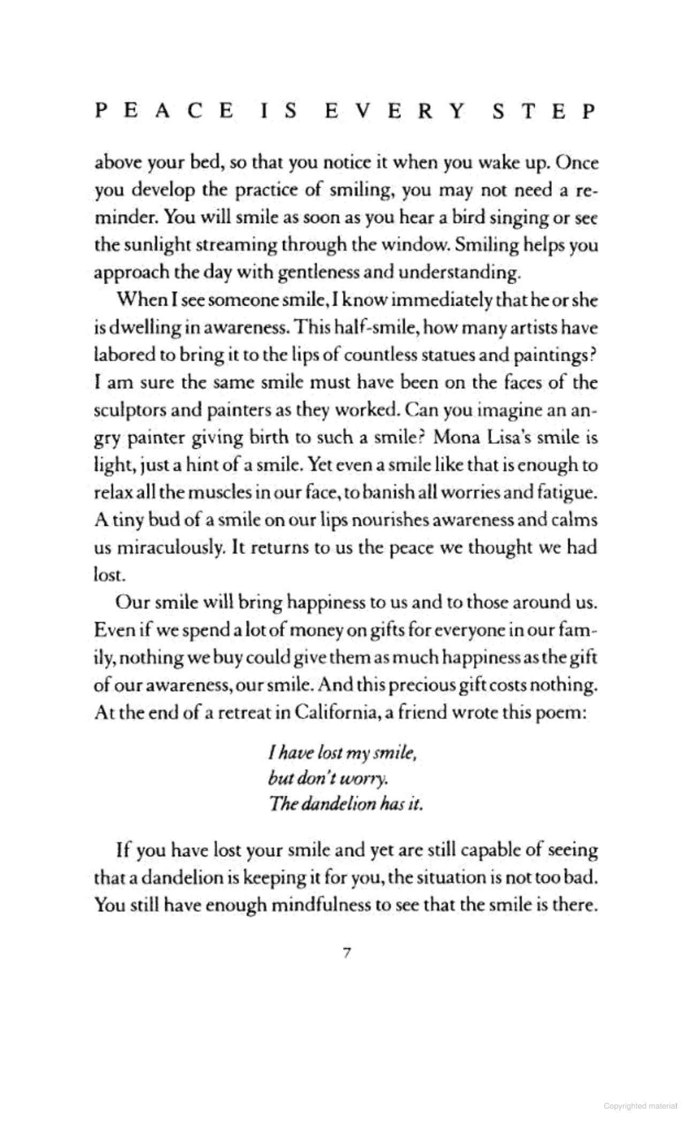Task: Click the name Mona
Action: (x=458, y=438)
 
